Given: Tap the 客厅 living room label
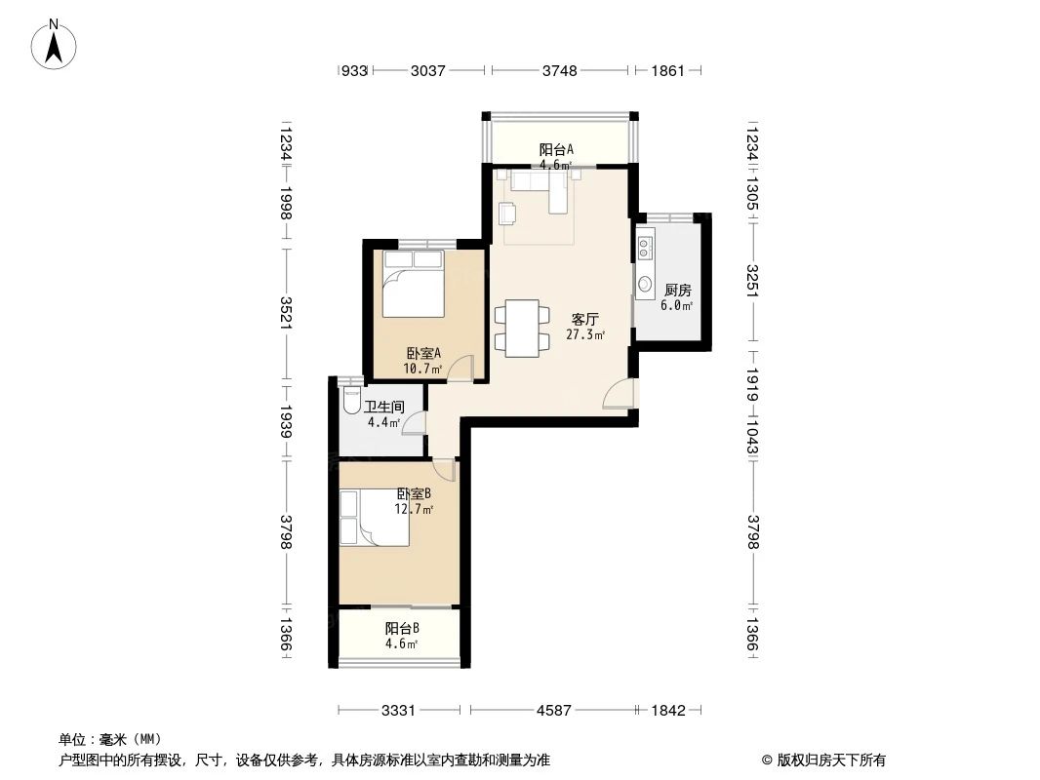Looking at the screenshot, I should pyautogui.click(x=584, y=319).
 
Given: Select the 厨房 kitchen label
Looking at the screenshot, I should pyautogui.click(x=677, y=290).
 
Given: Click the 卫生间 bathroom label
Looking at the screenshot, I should pyautogui.click(x=384, y=407).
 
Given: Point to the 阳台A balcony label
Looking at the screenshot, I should pyautogui.click(x=556, y=149).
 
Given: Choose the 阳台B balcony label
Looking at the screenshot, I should pyautogui.click(x=401, y=629).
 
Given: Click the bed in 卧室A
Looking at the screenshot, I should pyautogui.click(x=413, y=285).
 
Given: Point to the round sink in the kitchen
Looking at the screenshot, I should pyautogui.click(x=646, y=285).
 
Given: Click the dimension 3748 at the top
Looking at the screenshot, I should pyautogui.click(x=560, y=70).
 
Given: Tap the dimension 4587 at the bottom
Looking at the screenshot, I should pyautogui.click(x=553, y=711).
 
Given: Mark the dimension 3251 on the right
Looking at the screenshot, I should pyautogui.click(x=752, y=282).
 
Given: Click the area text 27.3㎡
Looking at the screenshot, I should pyautogui.click(x=584, y=335).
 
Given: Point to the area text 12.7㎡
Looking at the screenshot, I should pyautogui.click(x=414, y=509).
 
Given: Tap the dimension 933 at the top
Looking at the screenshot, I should pyautogui.click(x=352, y=70).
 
